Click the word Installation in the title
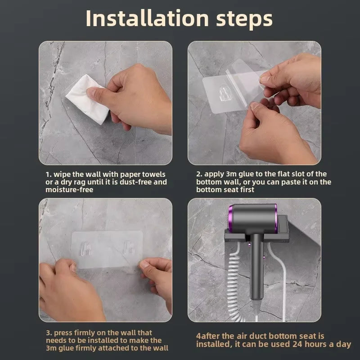tap(147, 18)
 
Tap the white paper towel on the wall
tap(87, 99)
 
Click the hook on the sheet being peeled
tap(224, 93)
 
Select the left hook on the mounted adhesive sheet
tap(85, 248)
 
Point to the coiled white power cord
tap(234, 283)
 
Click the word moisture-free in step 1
tap(69, 189)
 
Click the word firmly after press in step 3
tap(85, 333)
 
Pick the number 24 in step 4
tap(297, 344)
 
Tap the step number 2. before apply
tap(199, 174)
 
